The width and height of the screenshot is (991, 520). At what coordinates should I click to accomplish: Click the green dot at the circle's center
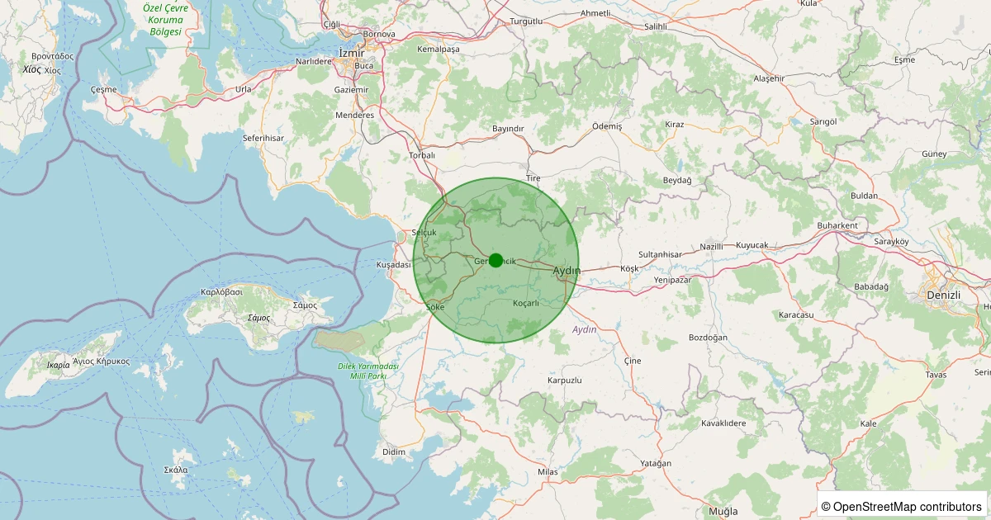495,260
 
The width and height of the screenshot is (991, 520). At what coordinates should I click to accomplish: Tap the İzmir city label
352,53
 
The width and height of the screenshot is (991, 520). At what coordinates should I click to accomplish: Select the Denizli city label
942,295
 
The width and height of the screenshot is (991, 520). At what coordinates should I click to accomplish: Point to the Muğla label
723,511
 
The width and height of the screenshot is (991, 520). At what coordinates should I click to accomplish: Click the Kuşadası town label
393,265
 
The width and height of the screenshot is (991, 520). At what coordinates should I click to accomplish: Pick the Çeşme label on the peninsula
103,89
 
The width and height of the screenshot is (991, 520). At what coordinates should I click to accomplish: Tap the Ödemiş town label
607,125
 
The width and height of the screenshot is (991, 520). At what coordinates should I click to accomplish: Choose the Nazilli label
711,246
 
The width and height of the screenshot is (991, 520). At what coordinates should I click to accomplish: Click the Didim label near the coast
394,452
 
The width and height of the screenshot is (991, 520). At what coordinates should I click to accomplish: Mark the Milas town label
548,472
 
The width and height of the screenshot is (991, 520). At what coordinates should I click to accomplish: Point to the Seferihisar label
263,138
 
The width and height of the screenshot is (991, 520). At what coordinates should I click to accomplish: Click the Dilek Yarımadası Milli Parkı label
368,371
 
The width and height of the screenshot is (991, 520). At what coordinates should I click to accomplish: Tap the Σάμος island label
259,318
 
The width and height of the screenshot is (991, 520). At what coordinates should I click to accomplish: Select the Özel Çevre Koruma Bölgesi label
165,19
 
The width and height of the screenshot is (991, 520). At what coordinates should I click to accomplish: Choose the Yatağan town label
657,463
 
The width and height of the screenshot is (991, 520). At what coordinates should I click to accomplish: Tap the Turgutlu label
526,21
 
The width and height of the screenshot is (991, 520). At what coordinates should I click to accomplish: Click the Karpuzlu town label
565,381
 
